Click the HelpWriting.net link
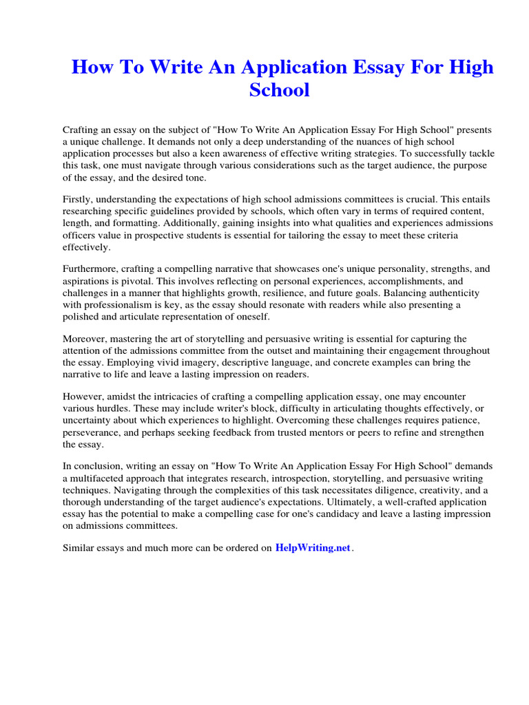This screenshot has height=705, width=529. click(x=313, y=548)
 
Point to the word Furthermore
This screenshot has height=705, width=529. click(x=92, y=269)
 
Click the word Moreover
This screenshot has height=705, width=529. click(x=85, y=339)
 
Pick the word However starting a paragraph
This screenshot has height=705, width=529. click(x=83, y=397)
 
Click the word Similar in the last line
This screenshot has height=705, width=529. click(x=80, y=549)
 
